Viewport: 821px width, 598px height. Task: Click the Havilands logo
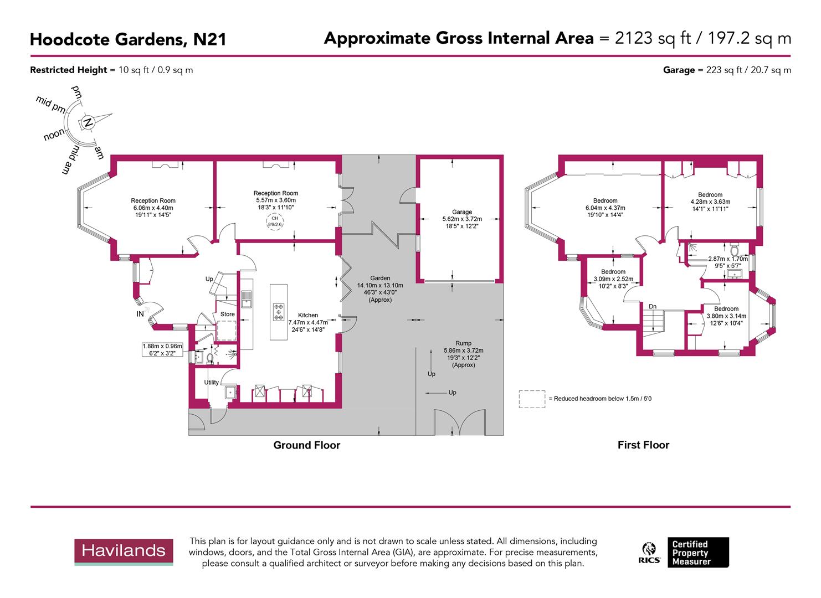[124, 551]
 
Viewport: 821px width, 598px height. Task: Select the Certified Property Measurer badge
[697, 553]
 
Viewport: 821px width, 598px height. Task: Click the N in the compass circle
[88, 122]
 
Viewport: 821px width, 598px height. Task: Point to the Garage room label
[462, 212]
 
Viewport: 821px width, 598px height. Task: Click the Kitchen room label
[307, 315]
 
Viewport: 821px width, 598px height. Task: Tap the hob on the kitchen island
[279, 312]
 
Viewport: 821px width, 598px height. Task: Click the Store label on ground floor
[228, 314]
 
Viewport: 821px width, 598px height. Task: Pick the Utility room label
[211, 382]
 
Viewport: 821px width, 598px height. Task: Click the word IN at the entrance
[140, 314]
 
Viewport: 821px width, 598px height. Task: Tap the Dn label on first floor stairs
[653, 306]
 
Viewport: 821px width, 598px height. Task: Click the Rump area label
[463, 343]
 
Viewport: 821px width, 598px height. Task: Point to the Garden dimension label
[380, 288]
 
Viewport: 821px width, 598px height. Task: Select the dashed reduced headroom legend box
[531, 399]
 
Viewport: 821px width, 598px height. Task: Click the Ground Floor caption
[306, 445]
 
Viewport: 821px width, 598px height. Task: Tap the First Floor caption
[643, 445]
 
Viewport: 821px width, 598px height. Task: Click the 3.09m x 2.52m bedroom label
[613, 275]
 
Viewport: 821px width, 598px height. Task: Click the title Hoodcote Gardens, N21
[128, 39]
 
